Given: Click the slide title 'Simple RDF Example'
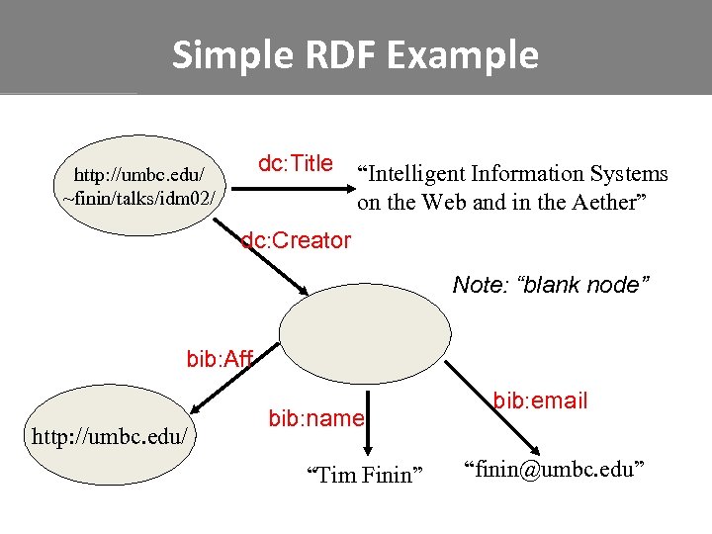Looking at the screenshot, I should [355, 54].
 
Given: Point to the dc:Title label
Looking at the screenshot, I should [295, 164].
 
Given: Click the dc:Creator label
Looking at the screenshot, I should [296, 240].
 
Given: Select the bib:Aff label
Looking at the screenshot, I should [220, 358].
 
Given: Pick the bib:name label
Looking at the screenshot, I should [316, 418].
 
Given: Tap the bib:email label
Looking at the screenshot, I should [540, 400].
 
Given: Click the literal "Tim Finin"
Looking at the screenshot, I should [364, 476].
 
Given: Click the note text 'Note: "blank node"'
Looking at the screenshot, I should [551, 285].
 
